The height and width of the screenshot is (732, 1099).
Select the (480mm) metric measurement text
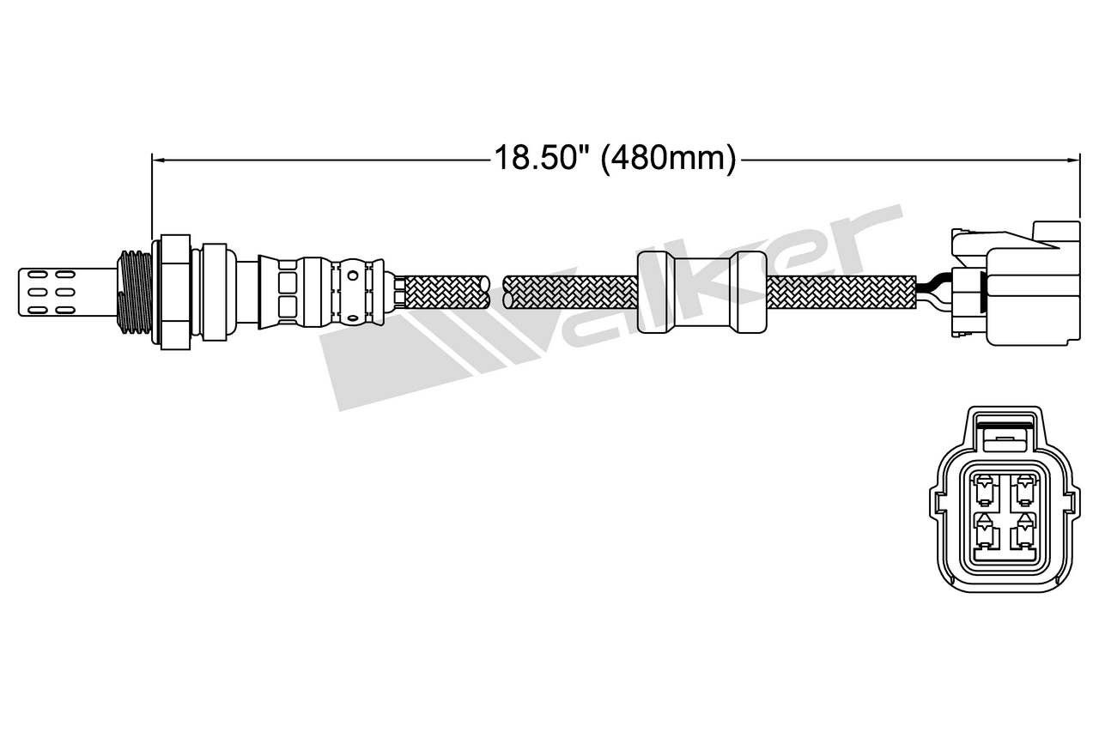click(668, 159)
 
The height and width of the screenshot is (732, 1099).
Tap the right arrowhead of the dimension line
click(1074, 160)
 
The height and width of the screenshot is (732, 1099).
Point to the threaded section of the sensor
click(135, 293)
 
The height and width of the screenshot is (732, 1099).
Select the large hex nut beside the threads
click(171, 293)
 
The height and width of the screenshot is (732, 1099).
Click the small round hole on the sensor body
click(352, 275)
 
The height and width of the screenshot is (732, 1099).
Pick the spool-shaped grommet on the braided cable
click(701, 293)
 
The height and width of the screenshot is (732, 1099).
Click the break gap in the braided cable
click(496, 293)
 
